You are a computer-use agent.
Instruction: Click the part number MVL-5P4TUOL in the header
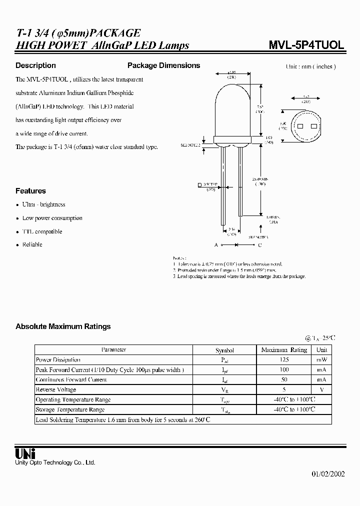tap(306, 44)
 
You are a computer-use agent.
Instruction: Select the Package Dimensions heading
tap(163, 65)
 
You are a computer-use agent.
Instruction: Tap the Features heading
tap(30, 191)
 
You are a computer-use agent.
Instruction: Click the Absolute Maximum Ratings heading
tap(63, 326)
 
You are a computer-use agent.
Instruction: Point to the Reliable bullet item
tap(32, 244)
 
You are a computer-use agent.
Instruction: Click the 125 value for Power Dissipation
tap(284, 360)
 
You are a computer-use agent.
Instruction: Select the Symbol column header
tap(224, 350)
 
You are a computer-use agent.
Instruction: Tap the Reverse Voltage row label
tap(55, 389)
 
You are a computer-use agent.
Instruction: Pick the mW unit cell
tap(321, 360)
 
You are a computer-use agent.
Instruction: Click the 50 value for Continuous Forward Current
tap(284, 379)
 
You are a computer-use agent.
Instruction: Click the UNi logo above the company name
tap(25, 453)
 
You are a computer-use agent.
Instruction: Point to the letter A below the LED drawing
tap(216, 245)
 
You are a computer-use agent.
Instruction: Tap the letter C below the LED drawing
tap(259, 245)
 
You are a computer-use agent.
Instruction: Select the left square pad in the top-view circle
tap(300, 125)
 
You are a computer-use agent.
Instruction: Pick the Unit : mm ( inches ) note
tap(310, 66)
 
